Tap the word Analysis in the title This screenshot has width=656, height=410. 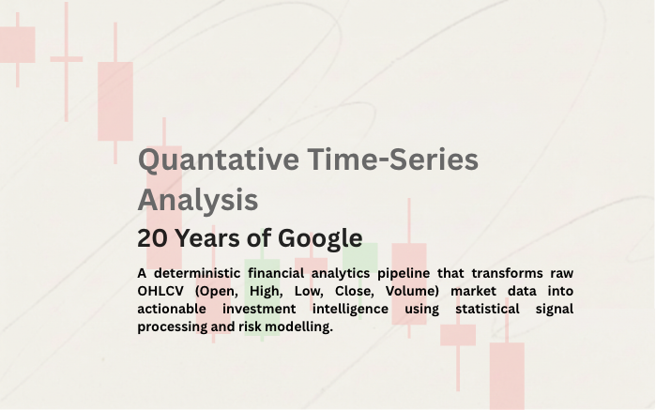point(198,199)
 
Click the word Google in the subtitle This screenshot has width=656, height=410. point(313,238)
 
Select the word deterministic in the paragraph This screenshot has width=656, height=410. point(199,273)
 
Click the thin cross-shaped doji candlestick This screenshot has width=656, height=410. point(66,59)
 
